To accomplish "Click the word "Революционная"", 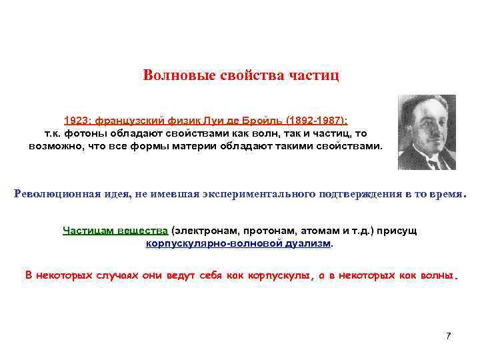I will pyautogui.click(x=57, y=194).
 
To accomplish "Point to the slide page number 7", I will pyautogui.click(x=448, y=335).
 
